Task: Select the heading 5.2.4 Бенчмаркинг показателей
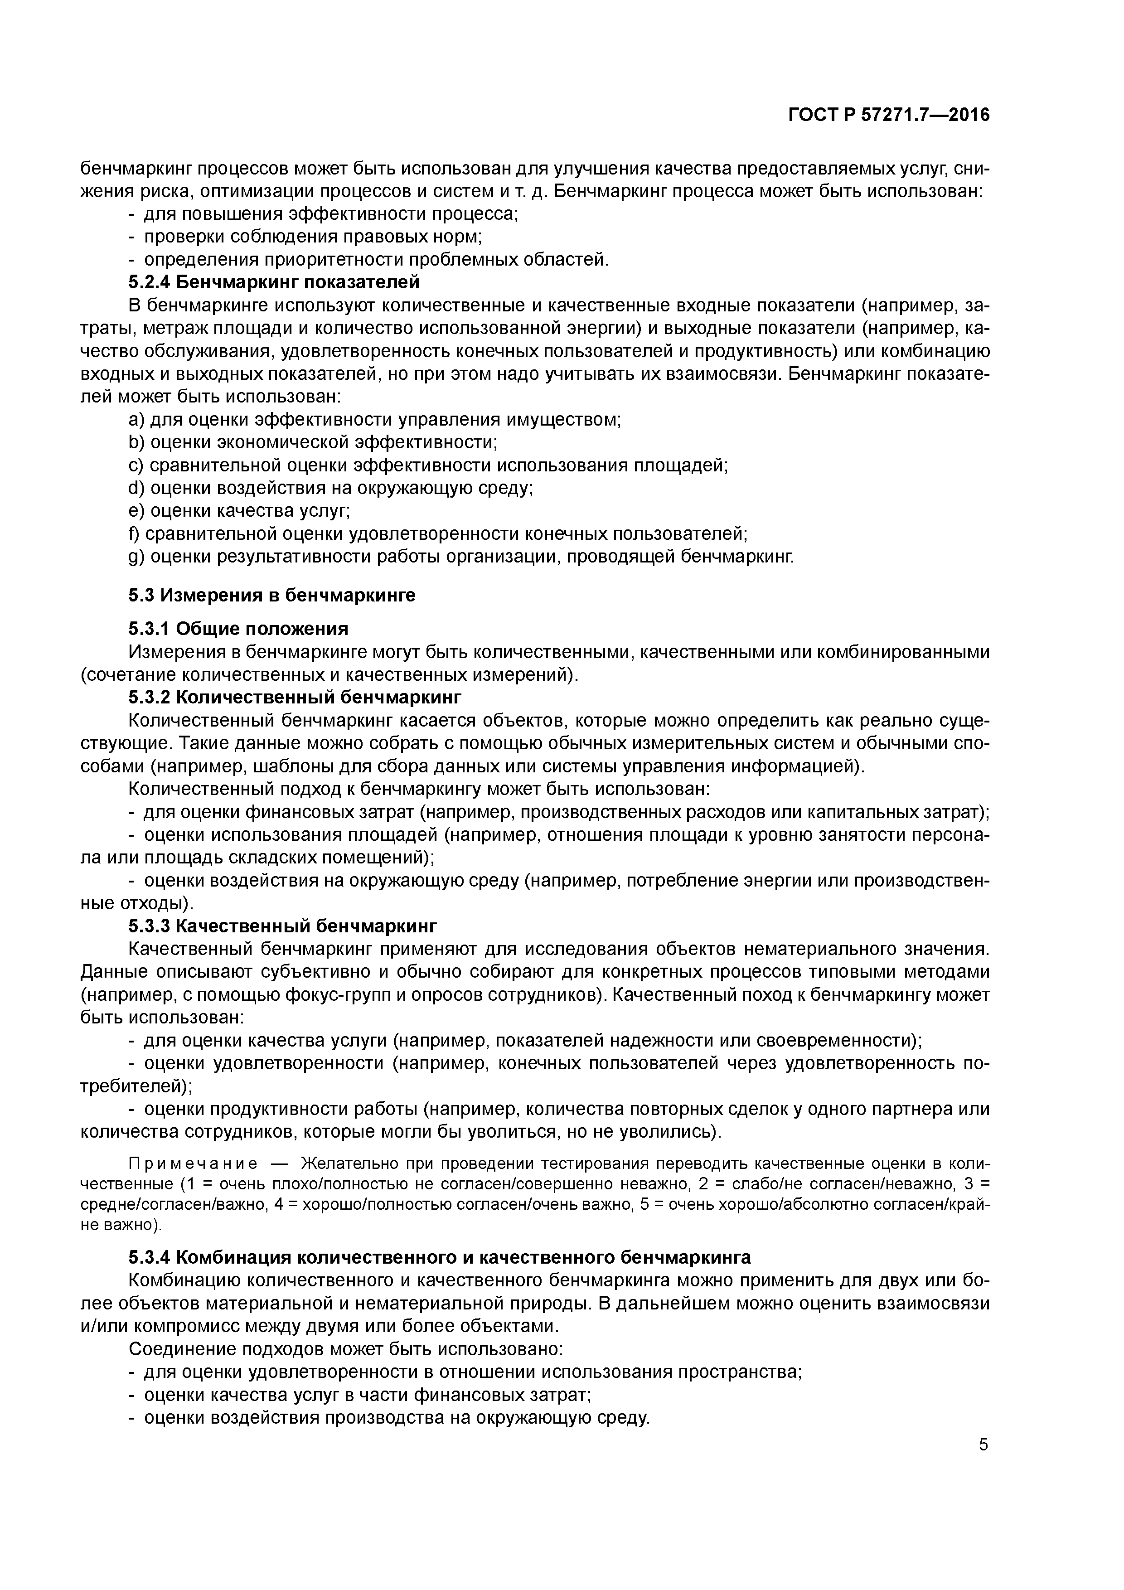click(274, 282)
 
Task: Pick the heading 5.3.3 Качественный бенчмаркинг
click(282, 926)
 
